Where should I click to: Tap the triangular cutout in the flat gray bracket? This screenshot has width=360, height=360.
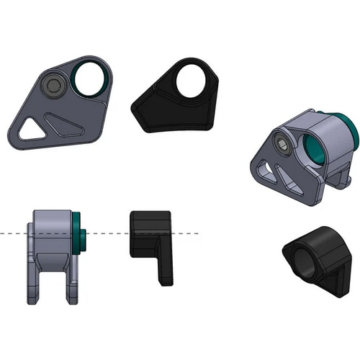coord(29,129)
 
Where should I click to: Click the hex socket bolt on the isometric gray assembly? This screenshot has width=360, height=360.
coord(284,148)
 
